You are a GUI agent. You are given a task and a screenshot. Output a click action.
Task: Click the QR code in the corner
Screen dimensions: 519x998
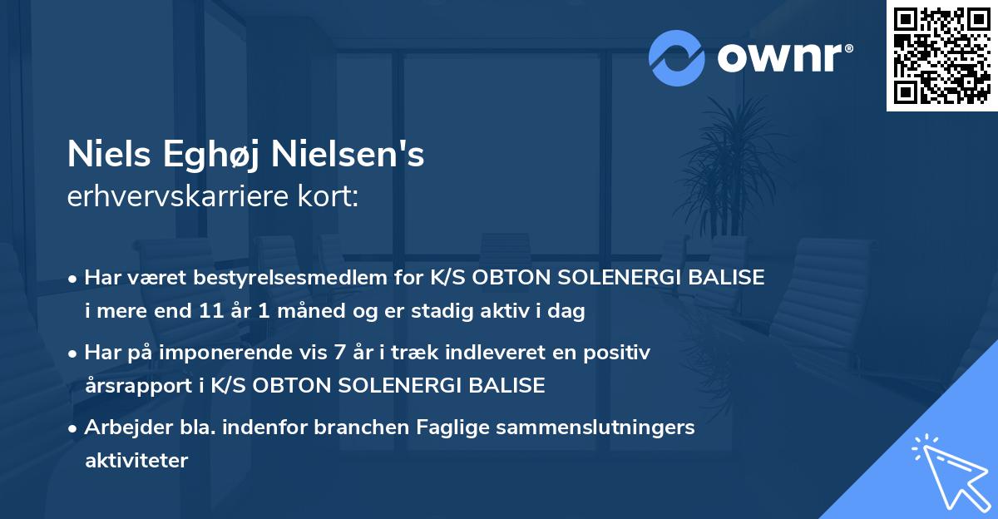(942, 56)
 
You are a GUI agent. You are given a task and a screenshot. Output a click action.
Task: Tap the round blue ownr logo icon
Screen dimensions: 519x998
(677, 58)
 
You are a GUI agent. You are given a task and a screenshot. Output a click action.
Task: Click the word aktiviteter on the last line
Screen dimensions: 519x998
(136, 461)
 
